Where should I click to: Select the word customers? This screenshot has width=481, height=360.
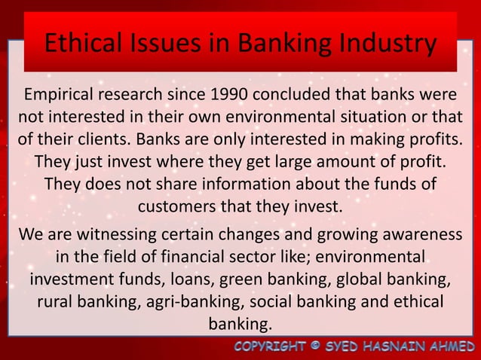point(176,205)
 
